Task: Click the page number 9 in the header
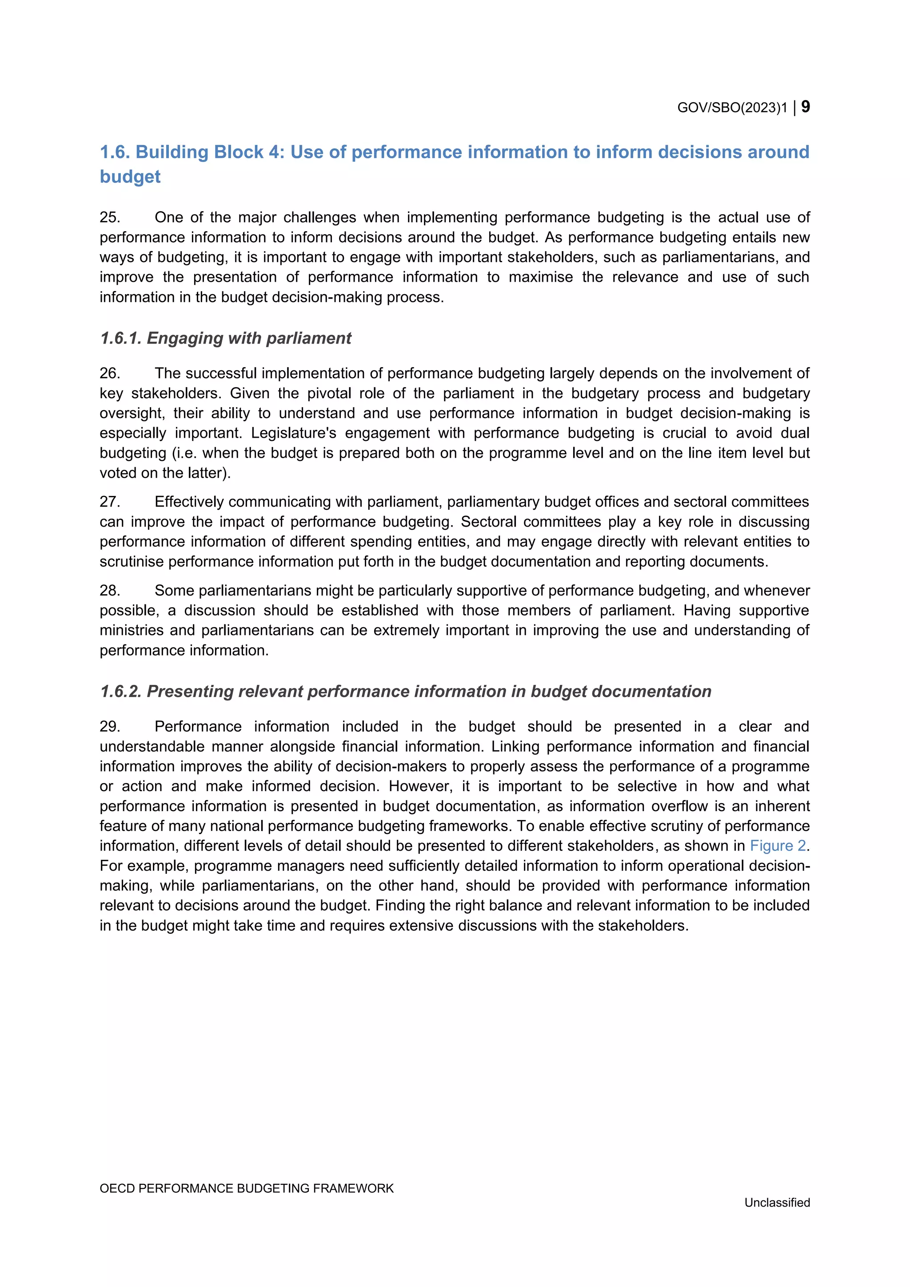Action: [805, 107]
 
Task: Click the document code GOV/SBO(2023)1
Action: [732, 108]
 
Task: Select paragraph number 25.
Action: [110, 217]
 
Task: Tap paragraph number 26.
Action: [110, 373]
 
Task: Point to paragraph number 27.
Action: [110, 502]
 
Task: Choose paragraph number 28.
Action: [110, 590]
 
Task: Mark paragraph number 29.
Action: [110, 727]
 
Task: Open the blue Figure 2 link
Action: [778, 845]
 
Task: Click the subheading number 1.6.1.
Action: [120, 339]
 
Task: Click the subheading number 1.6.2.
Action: [120, 691]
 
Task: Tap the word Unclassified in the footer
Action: [777, 1203]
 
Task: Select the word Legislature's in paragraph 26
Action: [294, 433]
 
